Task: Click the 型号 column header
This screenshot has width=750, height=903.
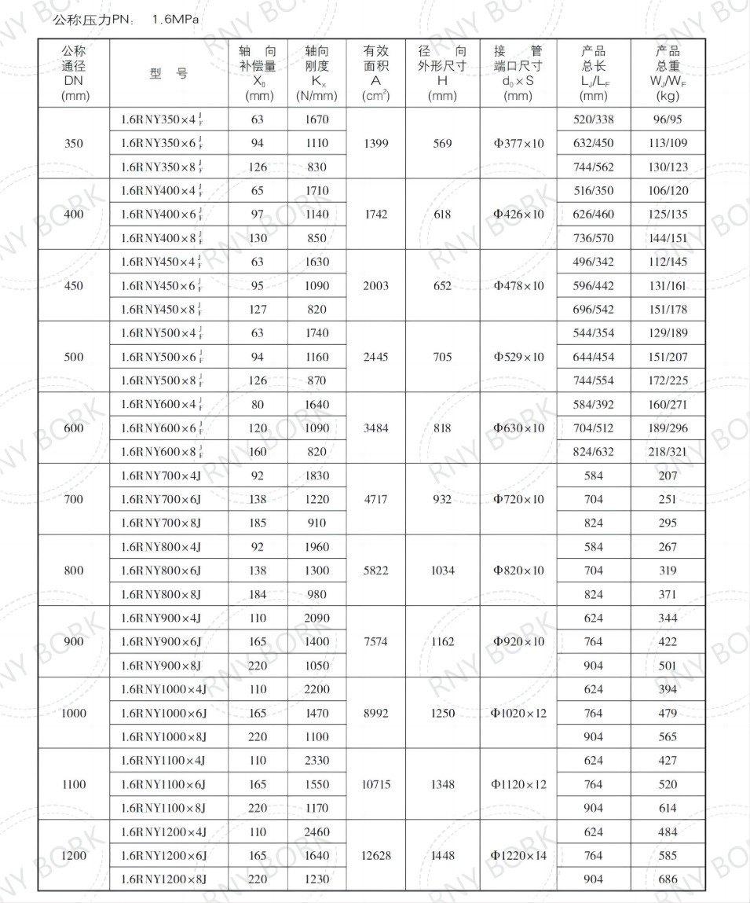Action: (169, 74)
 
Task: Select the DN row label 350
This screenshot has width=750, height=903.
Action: (74, 144)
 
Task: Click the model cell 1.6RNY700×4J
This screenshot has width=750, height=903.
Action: (161, 475)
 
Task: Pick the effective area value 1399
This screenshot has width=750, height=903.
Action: (375, 144)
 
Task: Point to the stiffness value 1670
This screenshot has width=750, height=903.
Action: (316, 120)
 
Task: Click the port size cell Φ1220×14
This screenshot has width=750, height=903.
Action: (518, 855)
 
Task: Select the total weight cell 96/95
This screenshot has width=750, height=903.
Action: (668, 120)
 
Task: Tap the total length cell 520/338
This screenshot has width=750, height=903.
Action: (594, 120)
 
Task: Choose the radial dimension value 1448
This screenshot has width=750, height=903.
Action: (442, 855)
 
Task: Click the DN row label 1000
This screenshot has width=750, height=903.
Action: (74, 713)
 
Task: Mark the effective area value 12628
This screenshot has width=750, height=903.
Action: (375, 855)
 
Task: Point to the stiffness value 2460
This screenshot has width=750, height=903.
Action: (316, 831)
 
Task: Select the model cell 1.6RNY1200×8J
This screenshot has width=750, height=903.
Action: (163, 879)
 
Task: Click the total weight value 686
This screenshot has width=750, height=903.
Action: (668, 879)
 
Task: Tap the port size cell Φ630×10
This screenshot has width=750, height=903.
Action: (518, 428)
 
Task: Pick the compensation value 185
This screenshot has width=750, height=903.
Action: (258, 523)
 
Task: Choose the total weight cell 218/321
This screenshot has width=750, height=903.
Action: (668, 452)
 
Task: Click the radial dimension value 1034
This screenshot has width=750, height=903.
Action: (442, 571)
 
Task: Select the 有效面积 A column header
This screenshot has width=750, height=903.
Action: (375, 74)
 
